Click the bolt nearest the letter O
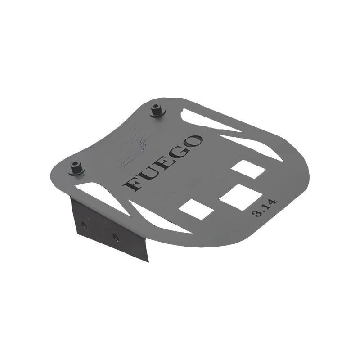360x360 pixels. point(157,111)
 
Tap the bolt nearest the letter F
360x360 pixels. point(76,168)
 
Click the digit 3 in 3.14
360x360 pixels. point(257,213)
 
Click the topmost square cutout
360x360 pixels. point(248,169)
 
